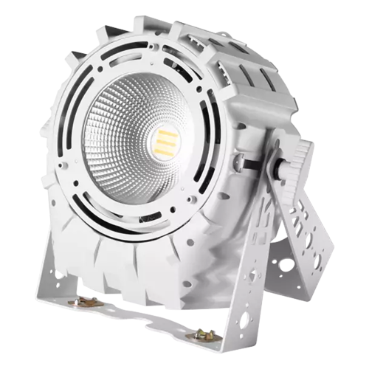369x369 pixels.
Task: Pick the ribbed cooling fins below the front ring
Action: (x=140, y=258)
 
